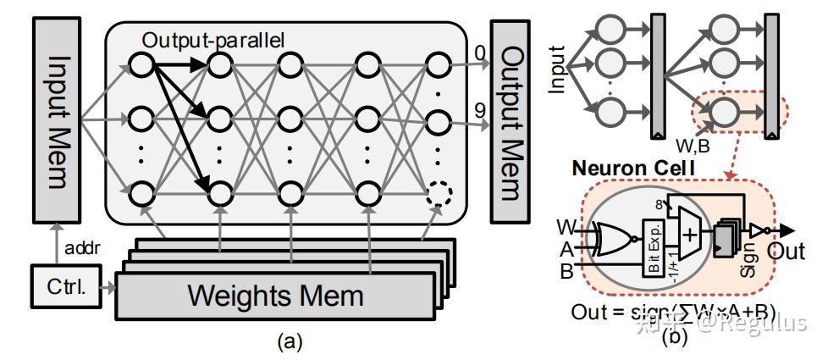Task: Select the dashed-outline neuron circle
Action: (438, 193)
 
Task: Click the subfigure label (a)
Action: (289, 341)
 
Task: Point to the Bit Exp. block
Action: (654, 246)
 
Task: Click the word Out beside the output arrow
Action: (787, 252)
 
